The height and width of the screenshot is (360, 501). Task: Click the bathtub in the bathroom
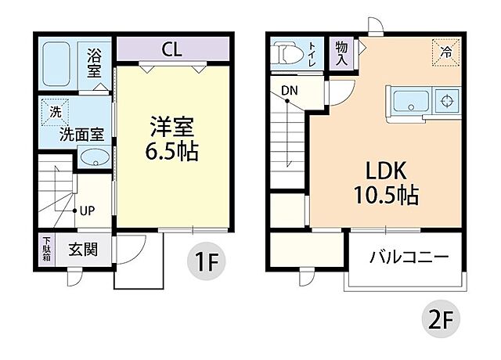59,64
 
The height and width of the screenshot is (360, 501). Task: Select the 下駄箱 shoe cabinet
47,250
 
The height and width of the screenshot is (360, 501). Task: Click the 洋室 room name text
173,126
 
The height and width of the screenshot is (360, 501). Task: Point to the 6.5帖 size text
171,151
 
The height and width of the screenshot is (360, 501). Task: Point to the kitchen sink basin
409,101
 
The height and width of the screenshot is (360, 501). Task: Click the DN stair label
290,91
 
